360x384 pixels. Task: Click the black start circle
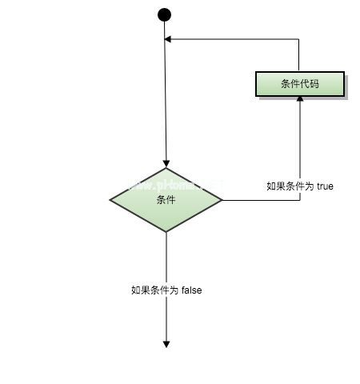click(165, 14)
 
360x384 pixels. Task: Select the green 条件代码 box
click(300, 83)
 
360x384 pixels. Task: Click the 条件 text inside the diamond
click(166, 200)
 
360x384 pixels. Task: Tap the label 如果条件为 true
click(300, 186)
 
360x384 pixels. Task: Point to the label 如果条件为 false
click(166, 290)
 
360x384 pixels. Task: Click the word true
click(325, 186)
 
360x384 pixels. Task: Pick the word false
click(191, 290)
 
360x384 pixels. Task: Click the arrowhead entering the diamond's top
click(166, 164)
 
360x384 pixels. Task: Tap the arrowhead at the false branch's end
click(166, 343)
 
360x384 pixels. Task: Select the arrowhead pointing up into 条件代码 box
click(300, 98)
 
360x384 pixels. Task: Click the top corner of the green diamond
click(166, 169)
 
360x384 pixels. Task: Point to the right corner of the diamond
click(222, 200)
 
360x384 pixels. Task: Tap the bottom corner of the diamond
click(166, 232)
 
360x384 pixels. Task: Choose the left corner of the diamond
click(110, 200)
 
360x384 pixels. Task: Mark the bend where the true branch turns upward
click(300, 200)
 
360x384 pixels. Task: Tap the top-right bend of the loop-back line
click(299, 38)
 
